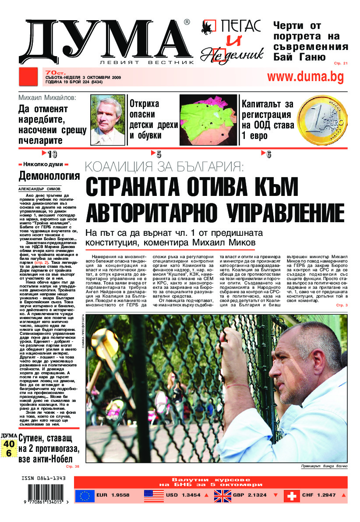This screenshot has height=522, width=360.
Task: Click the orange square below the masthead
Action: point(29,77)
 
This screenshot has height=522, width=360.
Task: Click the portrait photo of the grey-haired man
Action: point(107,120)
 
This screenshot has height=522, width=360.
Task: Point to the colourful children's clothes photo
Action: point(209,120)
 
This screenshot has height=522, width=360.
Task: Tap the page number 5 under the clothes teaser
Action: point(159,154)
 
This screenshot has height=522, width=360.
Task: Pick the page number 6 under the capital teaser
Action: point(268,154)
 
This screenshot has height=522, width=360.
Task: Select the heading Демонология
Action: point(49,176)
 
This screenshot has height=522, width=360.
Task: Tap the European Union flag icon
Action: point(85,496)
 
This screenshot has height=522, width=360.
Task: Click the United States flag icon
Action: point(154,496)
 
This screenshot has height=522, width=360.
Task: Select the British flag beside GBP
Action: point(223,496)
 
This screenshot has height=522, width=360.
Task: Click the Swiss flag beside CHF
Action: point(292,496)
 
